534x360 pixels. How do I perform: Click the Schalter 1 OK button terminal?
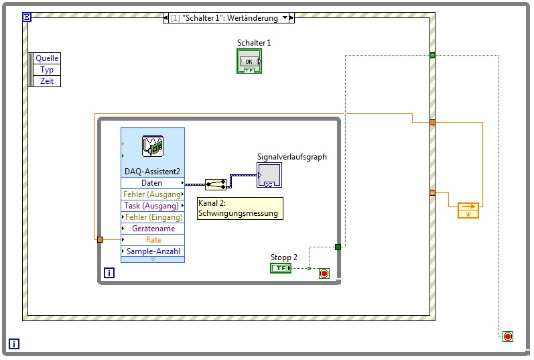249,62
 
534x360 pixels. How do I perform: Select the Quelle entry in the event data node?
47,58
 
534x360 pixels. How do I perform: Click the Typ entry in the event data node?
47,70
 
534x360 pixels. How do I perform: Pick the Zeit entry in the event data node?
47,81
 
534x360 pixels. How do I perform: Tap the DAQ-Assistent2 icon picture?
153,146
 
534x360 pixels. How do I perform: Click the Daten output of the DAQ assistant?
152,183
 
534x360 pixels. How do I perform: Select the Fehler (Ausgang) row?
152,194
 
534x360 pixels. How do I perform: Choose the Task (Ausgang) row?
152,206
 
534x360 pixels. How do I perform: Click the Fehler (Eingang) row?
152,217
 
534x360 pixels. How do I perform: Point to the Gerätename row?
152,229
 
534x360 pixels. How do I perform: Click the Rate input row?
152,240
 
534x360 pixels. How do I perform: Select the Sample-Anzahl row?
152,251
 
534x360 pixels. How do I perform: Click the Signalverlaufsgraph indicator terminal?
269,176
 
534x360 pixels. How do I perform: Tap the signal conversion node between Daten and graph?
215,184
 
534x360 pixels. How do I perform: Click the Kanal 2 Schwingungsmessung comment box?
239,208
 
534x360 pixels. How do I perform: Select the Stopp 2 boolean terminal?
281,268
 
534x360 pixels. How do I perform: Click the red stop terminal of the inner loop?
324,274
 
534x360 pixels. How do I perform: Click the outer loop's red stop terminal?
508,336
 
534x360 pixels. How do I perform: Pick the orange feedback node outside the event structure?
468,211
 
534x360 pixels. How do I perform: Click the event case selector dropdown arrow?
285,18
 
